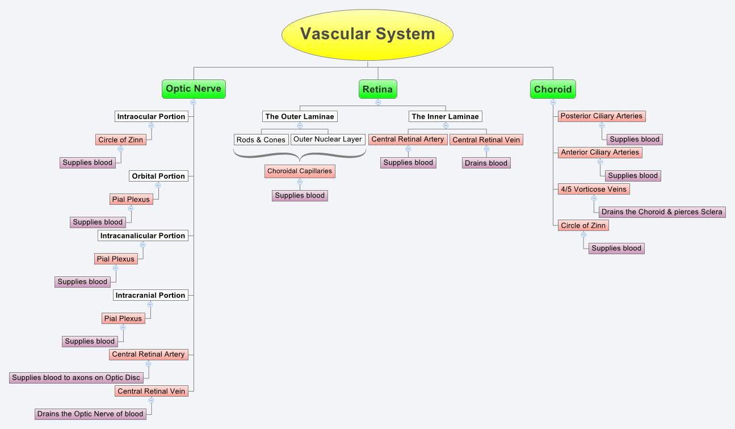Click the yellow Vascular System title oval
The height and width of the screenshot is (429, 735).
coord(367,35)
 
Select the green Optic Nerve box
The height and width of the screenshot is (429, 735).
coord(194,89)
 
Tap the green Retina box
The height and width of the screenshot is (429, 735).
coord(377,90)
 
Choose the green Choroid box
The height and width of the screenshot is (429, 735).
coord(553,90)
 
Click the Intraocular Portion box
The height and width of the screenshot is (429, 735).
coord(151,116)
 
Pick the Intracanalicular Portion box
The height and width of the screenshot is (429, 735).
coord(142,235)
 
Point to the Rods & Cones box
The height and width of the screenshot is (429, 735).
coord(261,140)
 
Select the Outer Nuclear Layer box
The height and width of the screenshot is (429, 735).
coord(327,139)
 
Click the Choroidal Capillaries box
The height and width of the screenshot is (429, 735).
coord(300,171)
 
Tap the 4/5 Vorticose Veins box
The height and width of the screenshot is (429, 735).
coord(594,189)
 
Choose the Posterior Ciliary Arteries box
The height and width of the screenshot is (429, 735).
coord(602,116)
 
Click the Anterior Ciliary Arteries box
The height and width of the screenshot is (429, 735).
coord(600,153)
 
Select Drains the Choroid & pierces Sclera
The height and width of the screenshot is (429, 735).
coord(662,212)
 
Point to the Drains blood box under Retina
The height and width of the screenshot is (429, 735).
coord(486,163)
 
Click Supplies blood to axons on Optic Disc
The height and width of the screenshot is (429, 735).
coord(76,377)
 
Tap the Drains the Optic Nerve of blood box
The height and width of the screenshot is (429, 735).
coord(90,414)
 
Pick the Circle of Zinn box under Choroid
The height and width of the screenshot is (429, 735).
coord(583,225)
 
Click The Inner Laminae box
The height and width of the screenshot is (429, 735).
coord(446,116)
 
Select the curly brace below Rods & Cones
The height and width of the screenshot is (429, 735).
coord(300,154)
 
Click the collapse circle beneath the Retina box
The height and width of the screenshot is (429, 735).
coord(378,103)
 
